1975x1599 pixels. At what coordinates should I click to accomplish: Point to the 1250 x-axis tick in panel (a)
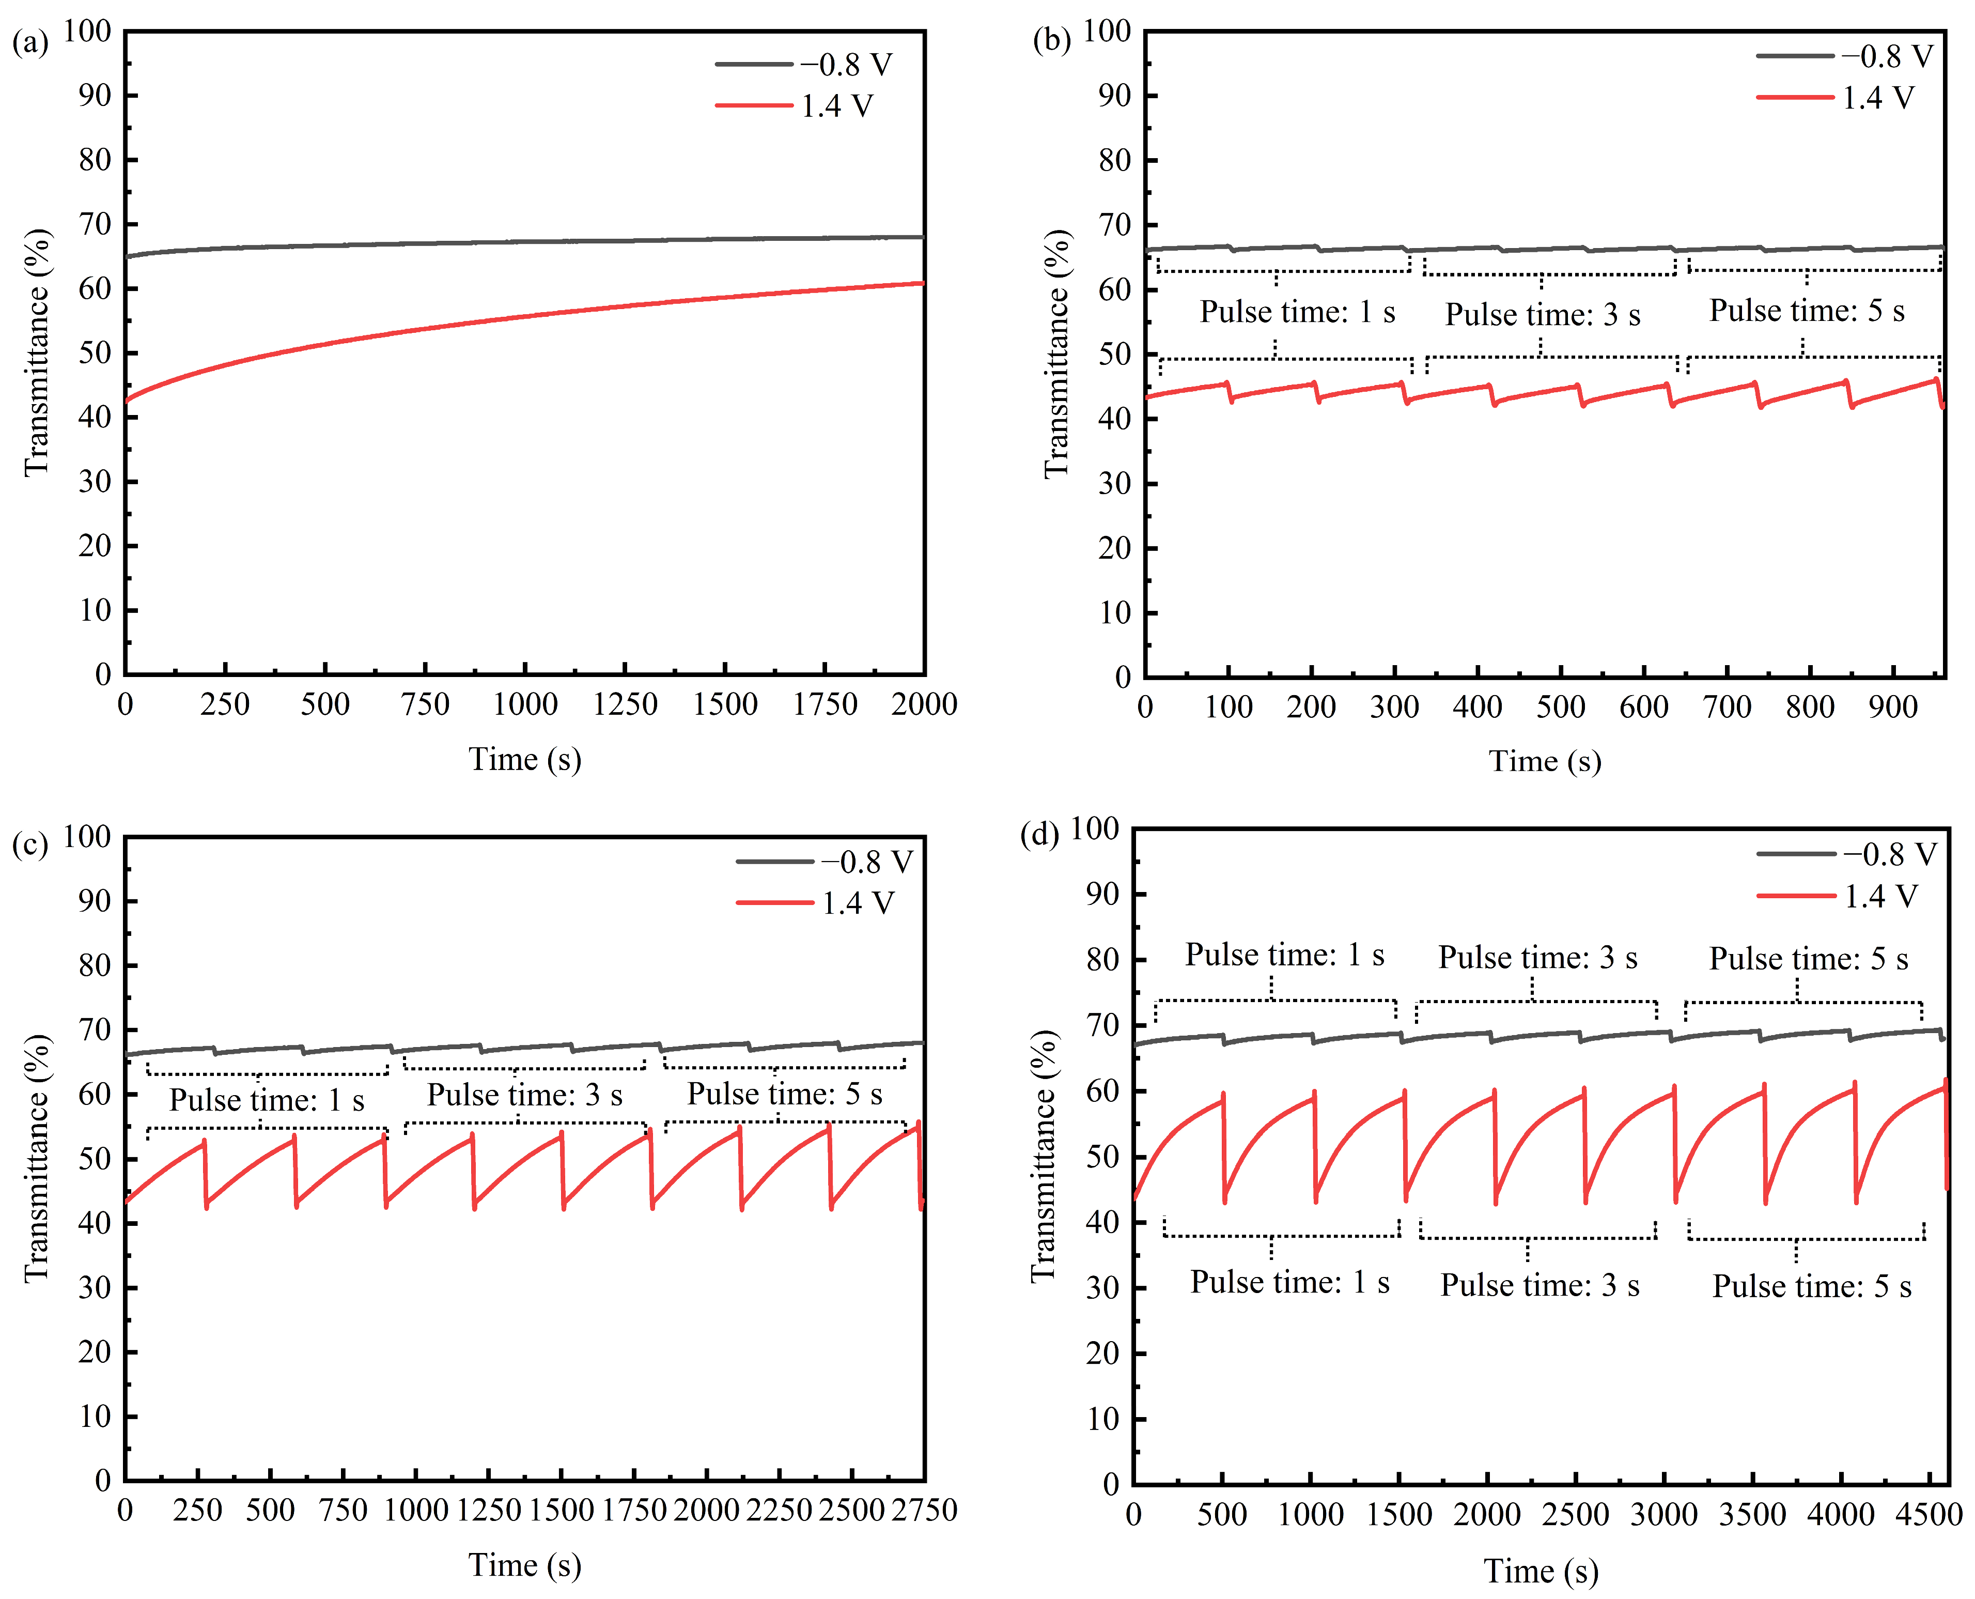625,704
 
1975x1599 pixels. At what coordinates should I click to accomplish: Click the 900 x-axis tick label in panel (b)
1893,708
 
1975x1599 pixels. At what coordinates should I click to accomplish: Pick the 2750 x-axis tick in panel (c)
924,1511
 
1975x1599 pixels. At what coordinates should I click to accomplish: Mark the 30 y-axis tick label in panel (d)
1102,1288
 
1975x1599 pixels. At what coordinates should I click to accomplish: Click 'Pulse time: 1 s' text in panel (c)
267,1100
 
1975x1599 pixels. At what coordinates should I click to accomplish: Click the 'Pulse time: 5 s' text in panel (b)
1807,311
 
